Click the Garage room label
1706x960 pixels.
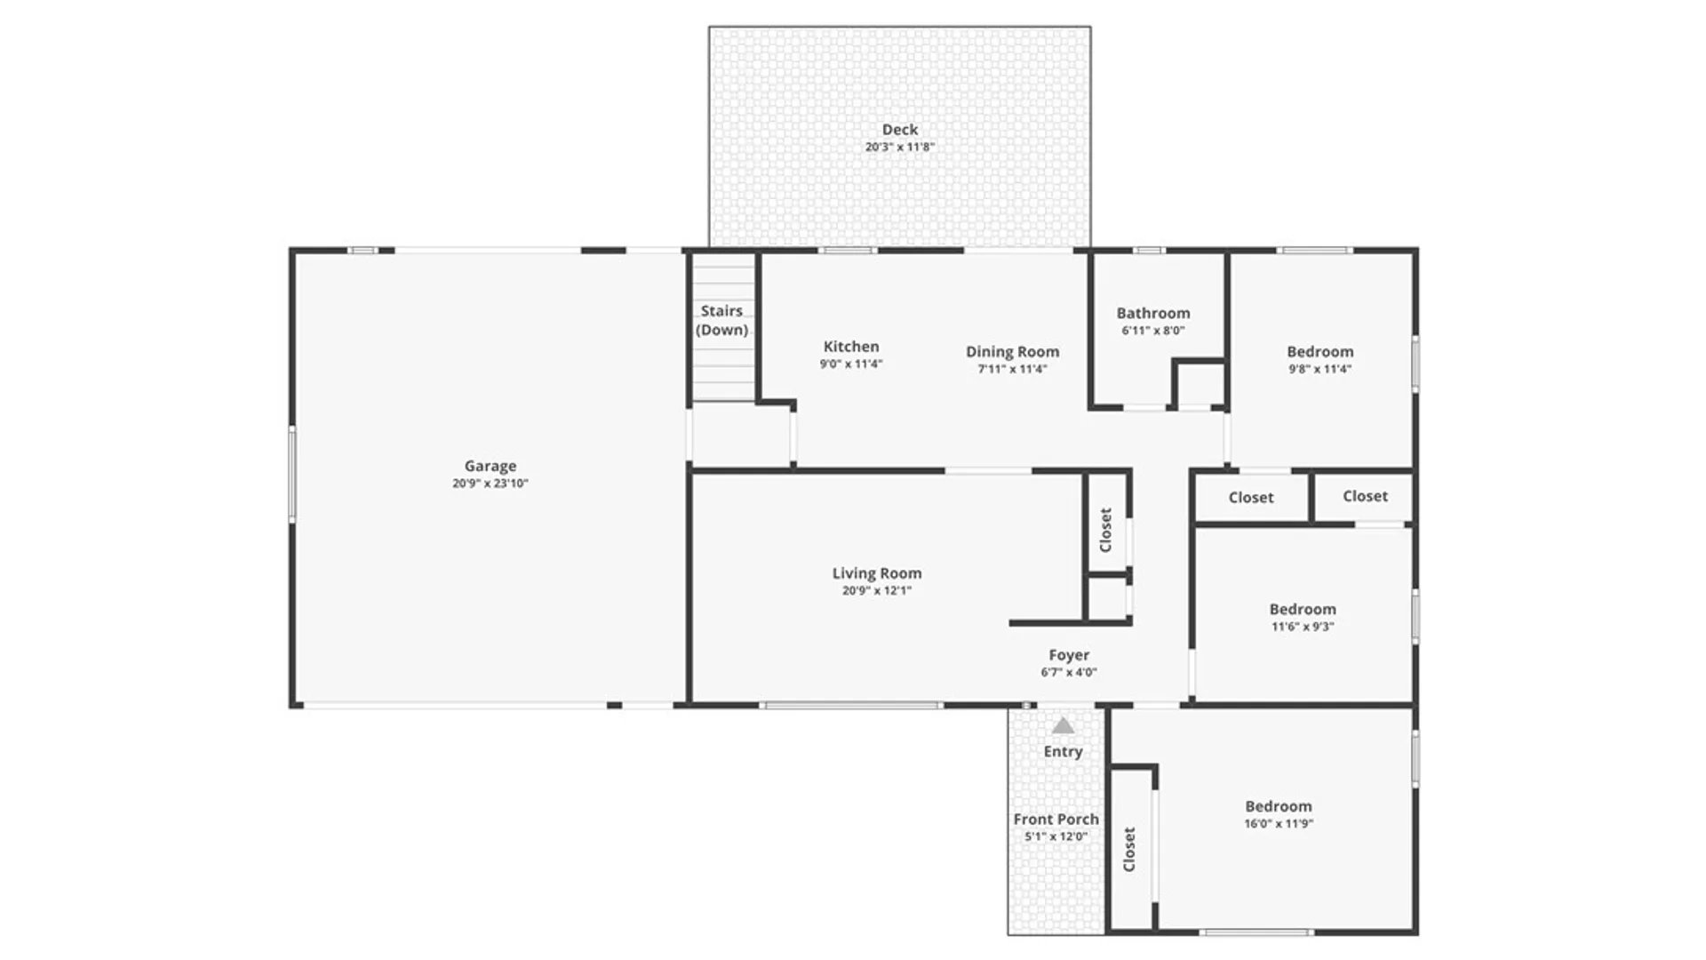pos(490,466)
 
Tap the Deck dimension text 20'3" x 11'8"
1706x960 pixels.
pos(899,147)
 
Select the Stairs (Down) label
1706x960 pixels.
pos(721,320)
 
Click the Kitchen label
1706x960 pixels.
pos(850,347)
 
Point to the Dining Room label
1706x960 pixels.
pos(1012,352)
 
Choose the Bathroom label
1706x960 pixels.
pos(1152,313)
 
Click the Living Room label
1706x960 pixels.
pos(876,573)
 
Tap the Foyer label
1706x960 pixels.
pos(1068,655)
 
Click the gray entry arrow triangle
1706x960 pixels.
pos(1063,726)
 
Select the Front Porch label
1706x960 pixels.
pos(1056,820)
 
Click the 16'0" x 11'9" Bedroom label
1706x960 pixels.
pos(1278,806)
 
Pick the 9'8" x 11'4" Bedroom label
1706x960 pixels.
pos(1319,352)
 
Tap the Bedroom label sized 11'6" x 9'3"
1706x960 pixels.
pos(1302,610)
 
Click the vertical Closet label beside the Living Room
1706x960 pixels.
pos(1106,530)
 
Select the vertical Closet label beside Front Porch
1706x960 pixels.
pos(1129,849)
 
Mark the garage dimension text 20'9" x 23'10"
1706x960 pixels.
pos(490,484)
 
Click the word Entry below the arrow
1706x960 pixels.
pos(1063,752)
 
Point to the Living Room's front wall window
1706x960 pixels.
pos(851,706)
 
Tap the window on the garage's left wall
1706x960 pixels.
pos(292,474)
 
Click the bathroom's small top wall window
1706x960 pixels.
pos(1148,251)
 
